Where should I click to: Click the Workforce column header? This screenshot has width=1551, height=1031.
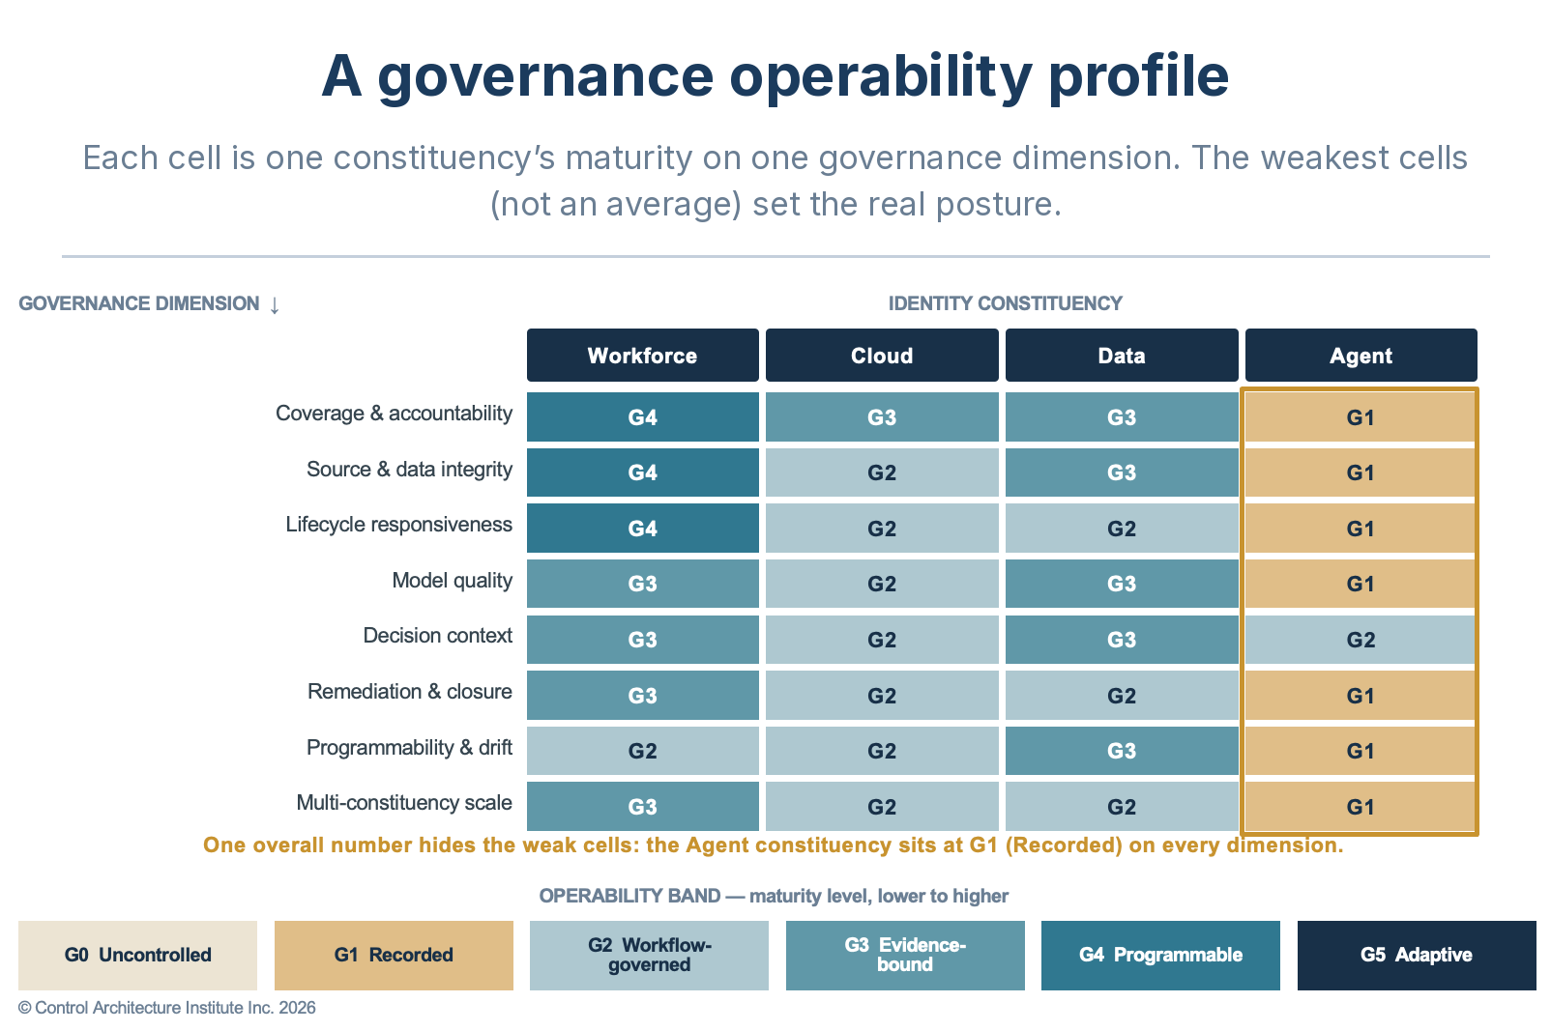(x=643, y=355)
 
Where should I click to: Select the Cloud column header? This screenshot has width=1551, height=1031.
(x=882, y=355)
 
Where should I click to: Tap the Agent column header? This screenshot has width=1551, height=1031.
(x=1361, y=355)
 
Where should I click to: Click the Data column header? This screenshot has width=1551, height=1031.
(x=1122, y=355)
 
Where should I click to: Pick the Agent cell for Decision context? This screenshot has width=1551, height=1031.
(x=1361, y=640)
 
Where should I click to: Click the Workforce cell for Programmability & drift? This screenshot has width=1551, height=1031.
(x=643, y=751)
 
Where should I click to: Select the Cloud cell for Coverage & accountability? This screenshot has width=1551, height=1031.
(x=882, y=417)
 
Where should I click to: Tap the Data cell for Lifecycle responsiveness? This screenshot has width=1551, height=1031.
(x=1122, y=528)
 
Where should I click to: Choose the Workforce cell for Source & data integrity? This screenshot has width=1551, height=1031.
(x=643, y=473)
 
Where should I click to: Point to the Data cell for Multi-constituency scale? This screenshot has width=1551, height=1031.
(x=1122, y=806)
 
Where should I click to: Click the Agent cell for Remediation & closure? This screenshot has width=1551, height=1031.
(x=1361, y=696)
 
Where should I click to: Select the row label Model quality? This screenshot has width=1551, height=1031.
(x=453, y=581)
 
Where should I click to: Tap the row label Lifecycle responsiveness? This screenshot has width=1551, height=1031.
(x=398, y=525)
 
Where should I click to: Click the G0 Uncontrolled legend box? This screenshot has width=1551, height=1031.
(x=137, y=955)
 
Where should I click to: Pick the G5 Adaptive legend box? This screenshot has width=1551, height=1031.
(x=1417, y=955)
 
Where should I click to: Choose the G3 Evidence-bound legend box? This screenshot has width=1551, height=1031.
(x=905, y=955)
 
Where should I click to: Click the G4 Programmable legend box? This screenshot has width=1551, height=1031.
(x=1160, y=955)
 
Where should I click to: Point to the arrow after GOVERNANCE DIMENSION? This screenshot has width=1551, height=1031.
(x=275, y=305)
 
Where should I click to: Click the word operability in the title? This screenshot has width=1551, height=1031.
(x=881, y=77)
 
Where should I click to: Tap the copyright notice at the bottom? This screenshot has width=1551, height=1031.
(x=167, y=1008)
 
